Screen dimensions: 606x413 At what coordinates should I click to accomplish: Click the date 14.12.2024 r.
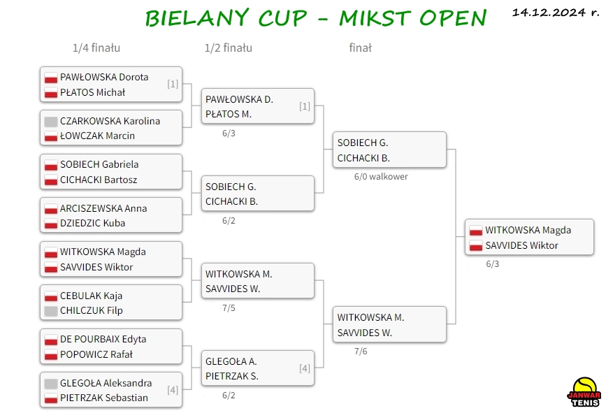[556, 13]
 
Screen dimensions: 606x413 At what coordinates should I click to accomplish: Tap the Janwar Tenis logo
[584, 392]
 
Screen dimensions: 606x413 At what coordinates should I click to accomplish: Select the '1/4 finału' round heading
[96, 48]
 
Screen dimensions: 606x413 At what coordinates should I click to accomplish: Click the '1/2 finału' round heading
[229, 48]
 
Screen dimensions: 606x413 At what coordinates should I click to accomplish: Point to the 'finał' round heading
[360, 48]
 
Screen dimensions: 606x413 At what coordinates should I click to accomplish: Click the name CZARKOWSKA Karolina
[110, 121]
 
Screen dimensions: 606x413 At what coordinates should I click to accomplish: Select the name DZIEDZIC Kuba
[93, 223]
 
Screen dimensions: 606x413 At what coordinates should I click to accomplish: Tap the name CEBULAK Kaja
[91, 296]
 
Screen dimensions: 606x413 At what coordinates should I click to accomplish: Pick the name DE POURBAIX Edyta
[103, 339]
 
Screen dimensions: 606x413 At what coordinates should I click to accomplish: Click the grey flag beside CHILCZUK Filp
[51, 311]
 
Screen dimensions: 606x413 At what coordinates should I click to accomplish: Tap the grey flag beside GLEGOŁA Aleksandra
[51, 384]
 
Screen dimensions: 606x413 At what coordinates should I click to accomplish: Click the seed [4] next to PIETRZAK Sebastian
[173, 390]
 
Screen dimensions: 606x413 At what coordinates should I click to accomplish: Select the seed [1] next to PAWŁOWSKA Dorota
[173, 84]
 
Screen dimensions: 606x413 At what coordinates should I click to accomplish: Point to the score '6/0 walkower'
[381, 177]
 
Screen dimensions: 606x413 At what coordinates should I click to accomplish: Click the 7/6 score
[361, 352]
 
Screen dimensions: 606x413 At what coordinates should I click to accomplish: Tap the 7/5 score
[229, 308]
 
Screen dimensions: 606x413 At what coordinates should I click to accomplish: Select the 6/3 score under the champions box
[492, 264]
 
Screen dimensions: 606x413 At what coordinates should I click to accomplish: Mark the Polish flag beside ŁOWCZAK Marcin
[51, 136]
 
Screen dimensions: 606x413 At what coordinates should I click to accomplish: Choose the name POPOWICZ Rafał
[96, 354]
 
